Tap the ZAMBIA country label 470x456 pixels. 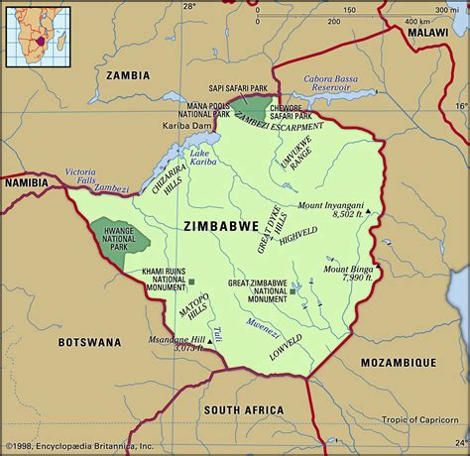125,74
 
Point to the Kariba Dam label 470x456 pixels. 185,126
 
